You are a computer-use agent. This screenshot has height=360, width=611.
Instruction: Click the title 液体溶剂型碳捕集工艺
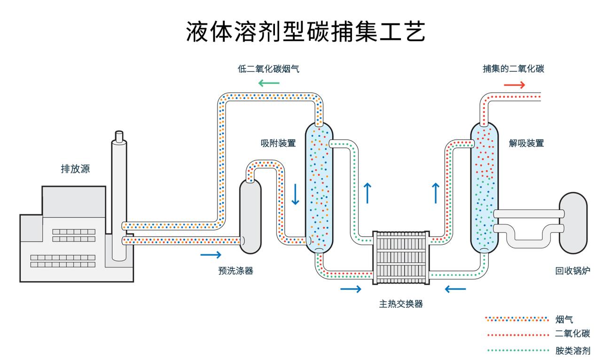[305, 31]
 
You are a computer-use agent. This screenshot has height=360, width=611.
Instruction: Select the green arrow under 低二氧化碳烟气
[268, 84]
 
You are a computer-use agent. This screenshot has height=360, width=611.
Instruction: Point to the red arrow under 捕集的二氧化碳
[514, 85]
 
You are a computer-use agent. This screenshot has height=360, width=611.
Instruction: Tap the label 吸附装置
[278, 143]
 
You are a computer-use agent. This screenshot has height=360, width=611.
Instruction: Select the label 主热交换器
[401, 304]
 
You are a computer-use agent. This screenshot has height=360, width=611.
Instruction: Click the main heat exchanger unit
[401, 258]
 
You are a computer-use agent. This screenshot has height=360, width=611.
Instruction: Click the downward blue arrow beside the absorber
[295, 194]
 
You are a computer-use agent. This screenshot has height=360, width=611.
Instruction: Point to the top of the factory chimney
[119, 136]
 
